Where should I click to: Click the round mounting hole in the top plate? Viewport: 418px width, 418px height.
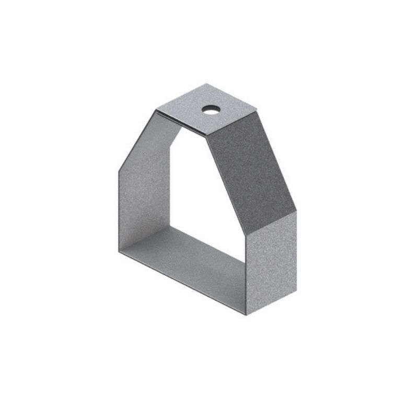[x=212, y=110]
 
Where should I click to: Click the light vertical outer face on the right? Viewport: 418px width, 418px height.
[x=272, y=261]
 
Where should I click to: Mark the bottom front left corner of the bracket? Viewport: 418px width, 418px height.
[x=119, y=252]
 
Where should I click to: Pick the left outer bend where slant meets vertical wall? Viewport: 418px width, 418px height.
[x=119, y=170]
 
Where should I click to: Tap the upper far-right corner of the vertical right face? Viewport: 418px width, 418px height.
[x=297, y=211]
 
